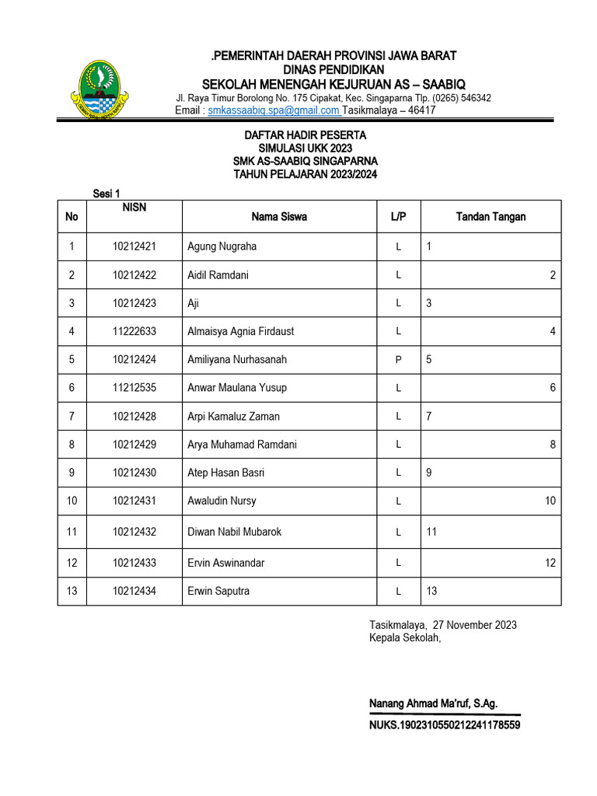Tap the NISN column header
[x=134, y=208]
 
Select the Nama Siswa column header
[x=279, y=216]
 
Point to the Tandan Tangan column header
[x=491, y=216]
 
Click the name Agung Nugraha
[x=222, y=246]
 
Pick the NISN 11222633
[x=134, y=331]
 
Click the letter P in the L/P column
[x=398, y=360]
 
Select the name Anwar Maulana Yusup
[x=237, y=388]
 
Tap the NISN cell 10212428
[x=134, y=417]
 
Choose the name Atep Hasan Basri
[x=226, y=473]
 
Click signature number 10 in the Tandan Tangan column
[x=550, y=501]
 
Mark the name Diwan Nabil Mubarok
[x=234, y=532]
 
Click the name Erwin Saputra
[x=218, y=592]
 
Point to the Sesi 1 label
[x=106, y=194]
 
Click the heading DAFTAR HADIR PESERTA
[x=305, y=135]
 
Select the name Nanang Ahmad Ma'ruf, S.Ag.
[x=433, y=703]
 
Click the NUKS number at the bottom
[x=445, y=725]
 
